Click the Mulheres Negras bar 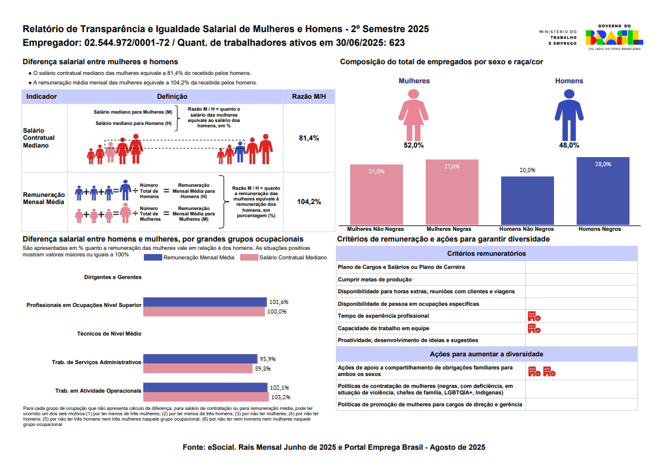point(452,192)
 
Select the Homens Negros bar point(603,191)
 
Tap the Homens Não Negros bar point(527,200)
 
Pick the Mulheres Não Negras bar point(376,195)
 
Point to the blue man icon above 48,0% point(569,114)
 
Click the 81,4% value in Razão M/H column point(309,138)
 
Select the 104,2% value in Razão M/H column point(309,202)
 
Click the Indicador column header point(42,96)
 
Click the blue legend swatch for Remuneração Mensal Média point(153,258)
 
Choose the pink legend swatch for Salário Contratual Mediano point(248,258)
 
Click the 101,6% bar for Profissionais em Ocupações point(206,302)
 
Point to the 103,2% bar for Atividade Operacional point(206,397)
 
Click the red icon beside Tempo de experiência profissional point(533,316)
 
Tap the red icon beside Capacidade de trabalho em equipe point(533,328)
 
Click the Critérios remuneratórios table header point(486,253)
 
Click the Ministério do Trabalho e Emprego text point(558,37)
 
